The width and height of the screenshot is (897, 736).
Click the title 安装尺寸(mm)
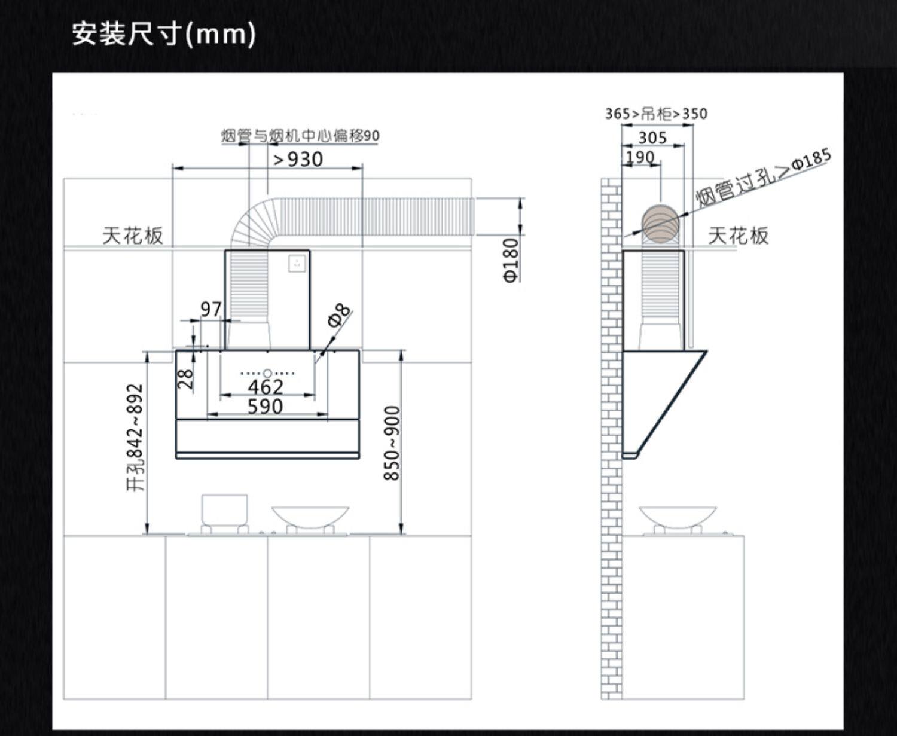click(163, 33)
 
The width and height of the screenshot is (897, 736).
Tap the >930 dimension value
click(298, 160)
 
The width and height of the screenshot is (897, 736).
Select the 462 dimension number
click(266, 387)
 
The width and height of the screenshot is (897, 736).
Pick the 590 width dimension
click(265, 407)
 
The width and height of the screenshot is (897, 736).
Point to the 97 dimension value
click(210, 309)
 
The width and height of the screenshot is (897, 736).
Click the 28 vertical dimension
click(186, 378)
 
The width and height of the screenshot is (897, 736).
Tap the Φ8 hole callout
click(339, 314)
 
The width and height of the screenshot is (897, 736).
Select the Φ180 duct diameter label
click(511, 260)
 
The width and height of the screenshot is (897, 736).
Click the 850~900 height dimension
click(392, 443)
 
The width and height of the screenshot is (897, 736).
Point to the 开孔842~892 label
click(136, 437)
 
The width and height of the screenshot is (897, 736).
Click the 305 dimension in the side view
click(652, 138)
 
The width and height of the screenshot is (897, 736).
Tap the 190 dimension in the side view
click(640, 157)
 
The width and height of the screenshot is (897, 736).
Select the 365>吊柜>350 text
click(656, 114)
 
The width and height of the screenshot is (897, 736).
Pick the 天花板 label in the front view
click(132, 236)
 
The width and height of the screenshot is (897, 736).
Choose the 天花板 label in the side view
click(738, 236)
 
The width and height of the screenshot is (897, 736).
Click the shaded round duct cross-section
click(660, 222)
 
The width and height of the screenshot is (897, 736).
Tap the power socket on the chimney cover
click(297, 263)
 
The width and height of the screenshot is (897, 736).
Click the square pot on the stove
click(224, 510)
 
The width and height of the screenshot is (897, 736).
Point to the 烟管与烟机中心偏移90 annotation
click(300, 136)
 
